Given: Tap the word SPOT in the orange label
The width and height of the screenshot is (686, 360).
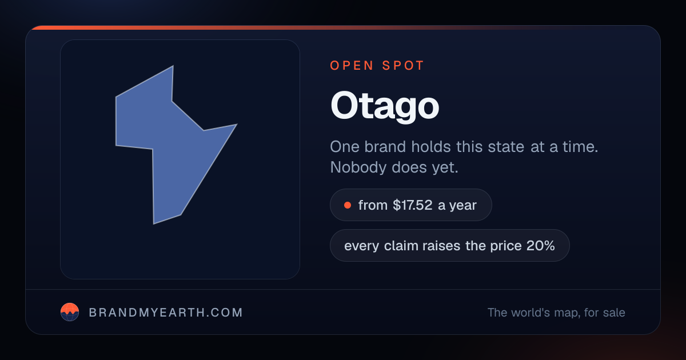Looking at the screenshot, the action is click(x=403, y=66).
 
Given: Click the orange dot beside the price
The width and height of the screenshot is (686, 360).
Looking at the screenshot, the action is click(x=348, y=205).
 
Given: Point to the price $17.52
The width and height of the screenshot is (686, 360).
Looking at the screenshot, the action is click(x=413, y=205).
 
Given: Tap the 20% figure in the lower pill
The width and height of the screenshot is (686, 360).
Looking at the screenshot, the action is click(x=541, y=246).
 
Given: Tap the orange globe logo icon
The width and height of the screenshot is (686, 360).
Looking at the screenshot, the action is click(x=70, y=312).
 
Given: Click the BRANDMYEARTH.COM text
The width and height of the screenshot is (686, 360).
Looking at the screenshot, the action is click(x=166, y=313).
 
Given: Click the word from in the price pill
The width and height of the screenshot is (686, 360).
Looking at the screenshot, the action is click(x=373, y=205).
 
